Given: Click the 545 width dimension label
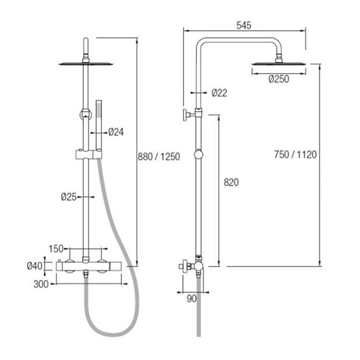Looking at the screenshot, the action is [x=244, y=25].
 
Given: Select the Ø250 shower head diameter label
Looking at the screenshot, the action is [x=279, y=79].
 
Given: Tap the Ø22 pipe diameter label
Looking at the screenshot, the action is [x=219, y=93].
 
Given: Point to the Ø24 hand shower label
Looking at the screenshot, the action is [x=116, y=132].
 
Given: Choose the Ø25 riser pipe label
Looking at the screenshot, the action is [x=69, y=197].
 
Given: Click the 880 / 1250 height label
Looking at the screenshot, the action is [x=159, y=157].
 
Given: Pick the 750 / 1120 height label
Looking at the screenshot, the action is [x=295, y=155].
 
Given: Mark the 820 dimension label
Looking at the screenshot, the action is [x=231, y=182].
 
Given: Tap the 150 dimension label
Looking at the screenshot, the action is [x=56, y=249].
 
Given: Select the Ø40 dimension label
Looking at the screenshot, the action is [x=35, y=266].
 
